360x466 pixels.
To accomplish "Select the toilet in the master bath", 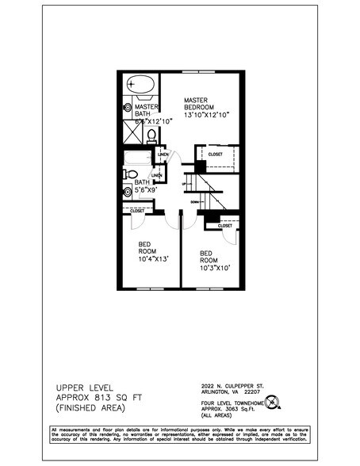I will (151, 136).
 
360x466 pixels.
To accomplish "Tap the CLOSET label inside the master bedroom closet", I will (216, 154).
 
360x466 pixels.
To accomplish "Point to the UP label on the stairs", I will (184, 185).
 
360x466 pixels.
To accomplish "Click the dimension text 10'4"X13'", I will (152, 258).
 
